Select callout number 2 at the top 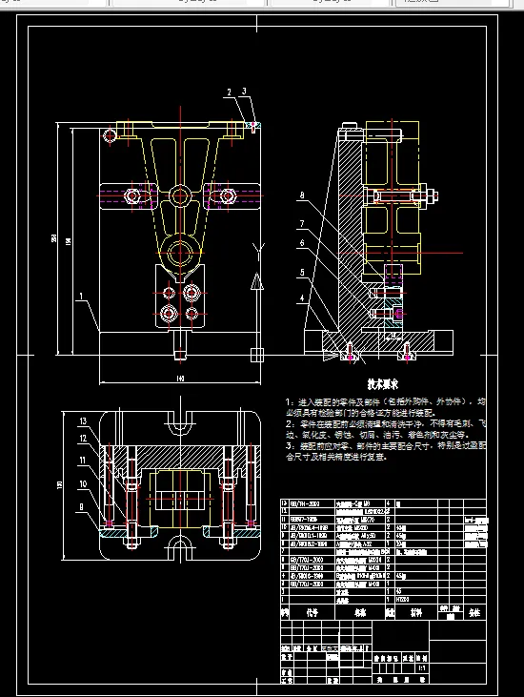click(x=230, y=92)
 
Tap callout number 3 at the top click(x=245, y=92)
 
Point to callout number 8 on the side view click(x=302, y=195)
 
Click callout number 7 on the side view click(x=302, y=223)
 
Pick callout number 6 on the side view click(x=302, y=244)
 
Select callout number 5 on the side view click(x=302, y=272)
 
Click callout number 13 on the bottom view click(x=83, y=421)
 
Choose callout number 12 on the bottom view click(x=83, y=439)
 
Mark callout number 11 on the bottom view click(x=83, y=460)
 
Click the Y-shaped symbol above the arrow click(x=255, y=250)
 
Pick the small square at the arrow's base click(x=255, y=355)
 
